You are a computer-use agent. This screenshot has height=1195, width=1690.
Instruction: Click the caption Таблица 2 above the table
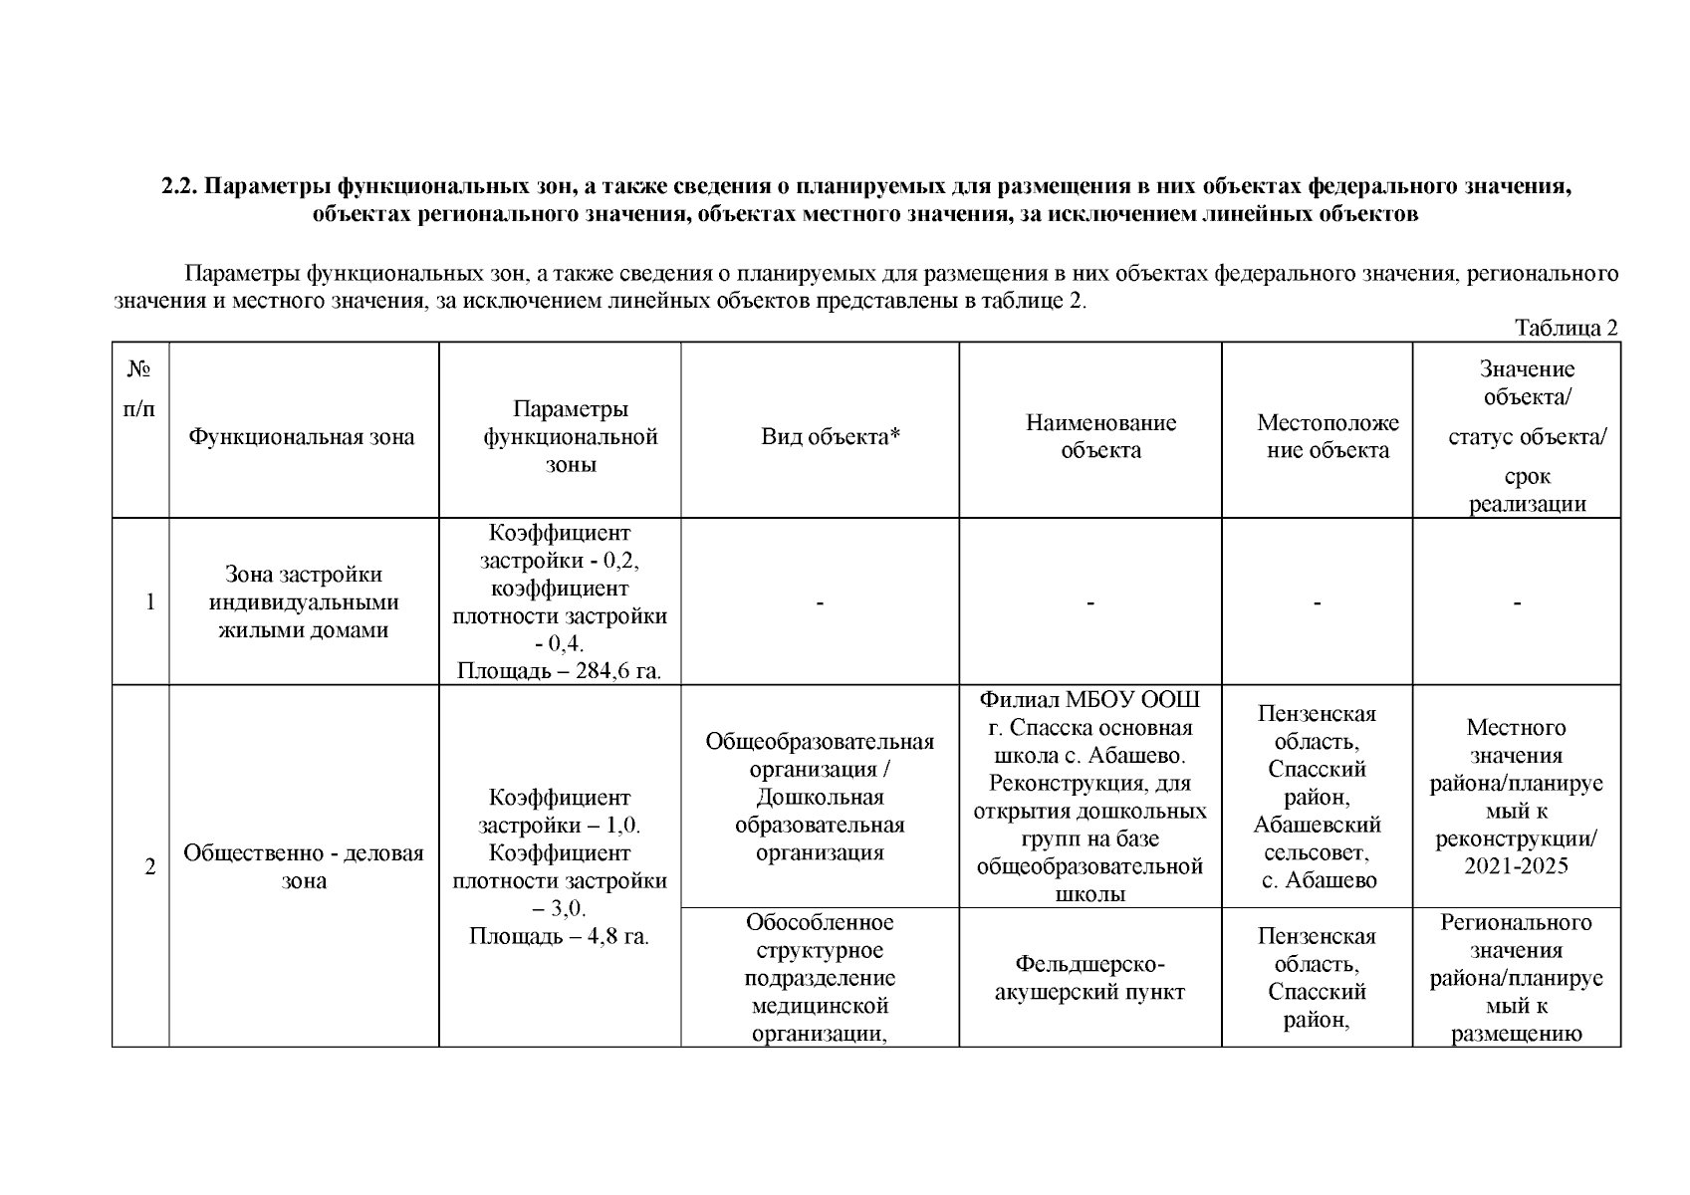1566,329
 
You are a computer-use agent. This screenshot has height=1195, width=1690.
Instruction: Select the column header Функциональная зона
302,436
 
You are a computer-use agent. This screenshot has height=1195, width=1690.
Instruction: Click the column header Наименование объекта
1100,436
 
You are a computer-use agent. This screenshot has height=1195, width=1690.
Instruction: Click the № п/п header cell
139,388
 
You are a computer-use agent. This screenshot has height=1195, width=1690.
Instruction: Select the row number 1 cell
150,601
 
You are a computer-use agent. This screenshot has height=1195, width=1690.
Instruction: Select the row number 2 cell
150,866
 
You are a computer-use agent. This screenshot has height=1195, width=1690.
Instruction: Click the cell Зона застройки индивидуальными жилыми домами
303,601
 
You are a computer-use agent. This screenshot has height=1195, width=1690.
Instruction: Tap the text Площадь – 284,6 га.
559,671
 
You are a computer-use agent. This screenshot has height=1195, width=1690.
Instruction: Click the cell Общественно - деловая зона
303,866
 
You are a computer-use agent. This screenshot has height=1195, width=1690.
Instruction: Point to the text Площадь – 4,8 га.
559,936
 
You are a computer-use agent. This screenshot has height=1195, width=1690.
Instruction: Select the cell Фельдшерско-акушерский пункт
1089,978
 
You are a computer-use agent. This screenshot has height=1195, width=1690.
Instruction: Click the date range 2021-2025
1516,865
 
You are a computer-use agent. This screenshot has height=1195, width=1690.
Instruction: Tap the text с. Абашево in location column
1319,880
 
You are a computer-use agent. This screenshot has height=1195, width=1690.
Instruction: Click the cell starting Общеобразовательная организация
820,797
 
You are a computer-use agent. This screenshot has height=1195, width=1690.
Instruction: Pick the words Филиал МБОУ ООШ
1089,699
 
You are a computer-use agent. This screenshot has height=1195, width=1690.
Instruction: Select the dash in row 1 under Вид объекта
819,602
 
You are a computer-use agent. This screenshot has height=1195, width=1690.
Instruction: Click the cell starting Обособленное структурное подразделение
820,978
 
